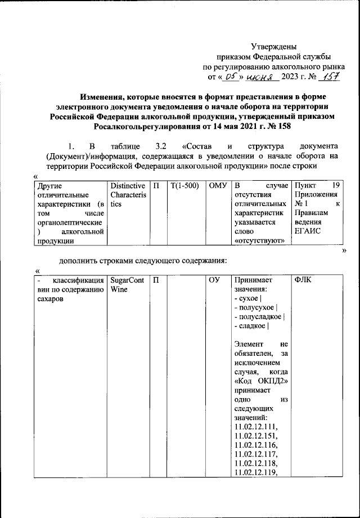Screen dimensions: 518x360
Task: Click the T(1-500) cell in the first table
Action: click(x=185, y=186)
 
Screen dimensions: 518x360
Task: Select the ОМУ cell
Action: click(x=217, y=186)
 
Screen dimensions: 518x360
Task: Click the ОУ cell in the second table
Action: click(x=214, y=280)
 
